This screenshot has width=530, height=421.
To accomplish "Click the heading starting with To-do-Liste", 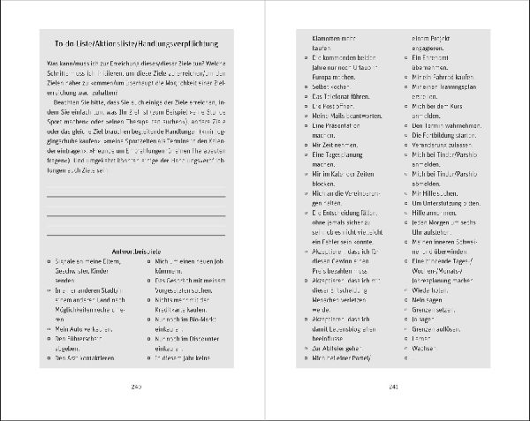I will pos(137,44).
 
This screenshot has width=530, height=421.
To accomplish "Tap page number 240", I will pos(136,387).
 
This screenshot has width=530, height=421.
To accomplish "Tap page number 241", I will pos(394,387).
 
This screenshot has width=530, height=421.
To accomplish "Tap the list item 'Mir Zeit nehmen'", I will pos(337,168).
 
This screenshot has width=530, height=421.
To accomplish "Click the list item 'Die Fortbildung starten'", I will pos(444,140).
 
